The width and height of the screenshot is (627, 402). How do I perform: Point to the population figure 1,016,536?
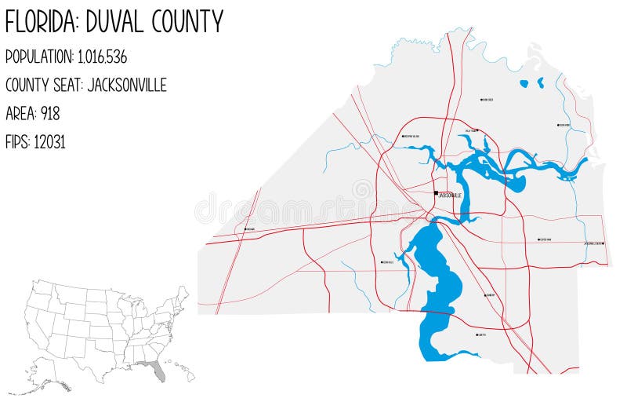pyautogui.click(x=102, y=57)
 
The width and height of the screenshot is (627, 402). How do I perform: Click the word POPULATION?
pyautogui.click(x=39, y=57)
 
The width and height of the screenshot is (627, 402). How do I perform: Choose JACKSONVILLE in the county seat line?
pyautogui.click(x=127, y=85)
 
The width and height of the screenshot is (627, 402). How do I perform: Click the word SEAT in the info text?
pyautogui.click(x=76, y=85)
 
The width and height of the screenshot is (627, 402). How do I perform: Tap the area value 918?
pyautogui.click(x=50, y=113)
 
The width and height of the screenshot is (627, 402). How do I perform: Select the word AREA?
pyautogui.click(x=20, y=113)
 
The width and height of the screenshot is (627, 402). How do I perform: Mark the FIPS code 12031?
pyautogui.click(x=49, y=141)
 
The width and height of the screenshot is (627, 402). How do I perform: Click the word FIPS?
pyautogui.click(x=17, y=141)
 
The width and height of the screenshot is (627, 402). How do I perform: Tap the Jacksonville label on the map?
pyautogui.click(x=451, y=195)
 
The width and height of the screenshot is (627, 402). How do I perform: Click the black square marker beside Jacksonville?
pyautogui.click(x=437, y=192)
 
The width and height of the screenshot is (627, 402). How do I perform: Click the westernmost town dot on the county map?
pyautogui.click(x=245, y=229)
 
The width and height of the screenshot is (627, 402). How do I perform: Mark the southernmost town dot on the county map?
pyautogui.click(x=477, y=334)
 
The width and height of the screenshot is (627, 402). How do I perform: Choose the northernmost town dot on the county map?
pyautogui.click(x=481, y=100)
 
